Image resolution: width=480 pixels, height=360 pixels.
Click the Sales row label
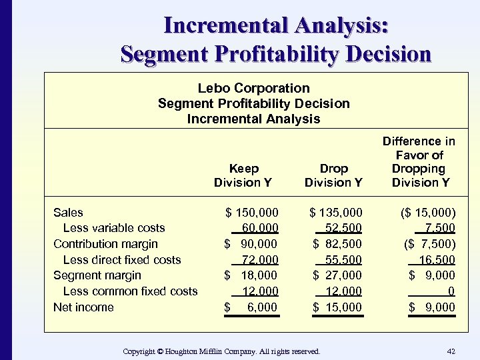[x=68, y=213]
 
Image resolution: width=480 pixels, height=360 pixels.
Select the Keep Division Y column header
[x=243, y=175]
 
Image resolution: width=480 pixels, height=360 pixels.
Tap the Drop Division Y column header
[x=333, y=175]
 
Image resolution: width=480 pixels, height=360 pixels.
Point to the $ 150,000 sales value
[x=252, y=213]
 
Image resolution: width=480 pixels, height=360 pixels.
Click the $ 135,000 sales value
[x=336, y=213]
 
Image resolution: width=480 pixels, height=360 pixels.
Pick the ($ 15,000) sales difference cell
[x=428, y=213]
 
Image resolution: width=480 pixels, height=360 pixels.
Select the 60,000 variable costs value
[x=260, y=228]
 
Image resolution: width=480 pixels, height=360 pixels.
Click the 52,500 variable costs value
[x=344, y=228]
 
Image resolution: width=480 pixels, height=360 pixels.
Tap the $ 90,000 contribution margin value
[x=251, y=244]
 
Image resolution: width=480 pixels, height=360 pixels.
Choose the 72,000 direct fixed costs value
[x=260, y=260]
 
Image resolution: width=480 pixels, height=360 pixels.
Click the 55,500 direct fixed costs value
[x=344, y=260]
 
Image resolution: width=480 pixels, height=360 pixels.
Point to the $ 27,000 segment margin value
[x=338, y=275]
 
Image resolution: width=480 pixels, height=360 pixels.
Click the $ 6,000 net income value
[x=251, y=307]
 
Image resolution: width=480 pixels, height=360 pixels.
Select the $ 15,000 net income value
[x=338, y=307]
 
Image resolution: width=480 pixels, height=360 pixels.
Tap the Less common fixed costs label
[x=130, y=291]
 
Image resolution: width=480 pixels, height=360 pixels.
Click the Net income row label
[x=83, y=307]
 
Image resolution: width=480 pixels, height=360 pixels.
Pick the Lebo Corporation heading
[x=253, y=88]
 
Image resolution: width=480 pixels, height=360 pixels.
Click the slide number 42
[x=450, y=351]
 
